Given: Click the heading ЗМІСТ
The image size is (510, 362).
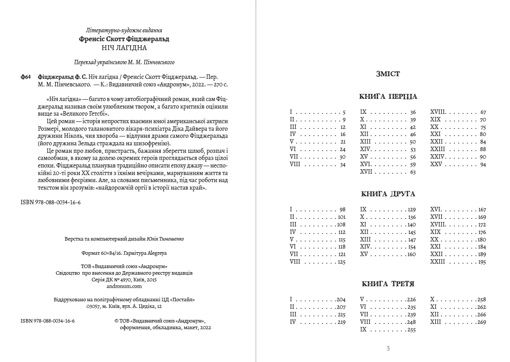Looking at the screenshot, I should coord(387,74).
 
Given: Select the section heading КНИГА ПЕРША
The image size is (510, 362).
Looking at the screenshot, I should coord(388,97).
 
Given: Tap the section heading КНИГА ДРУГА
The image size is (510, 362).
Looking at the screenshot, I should coord(388,194).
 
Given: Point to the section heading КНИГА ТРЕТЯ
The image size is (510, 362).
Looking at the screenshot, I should coord(388,284).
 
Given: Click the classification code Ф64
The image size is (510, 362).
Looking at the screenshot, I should coord(26,77).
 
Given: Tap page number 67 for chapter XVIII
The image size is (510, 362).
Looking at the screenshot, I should coord(483,113).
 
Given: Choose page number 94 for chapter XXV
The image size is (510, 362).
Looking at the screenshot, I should coord(483,164).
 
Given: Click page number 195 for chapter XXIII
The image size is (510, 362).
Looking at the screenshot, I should coord(481,262).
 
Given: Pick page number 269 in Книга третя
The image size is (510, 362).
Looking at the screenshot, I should coord(481,322).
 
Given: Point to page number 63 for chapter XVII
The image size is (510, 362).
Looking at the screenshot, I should coord(413,172).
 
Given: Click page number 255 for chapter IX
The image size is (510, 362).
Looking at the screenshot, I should coord(411,330).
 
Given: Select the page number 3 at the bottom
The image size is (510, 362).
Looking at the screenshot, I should coord(388,348).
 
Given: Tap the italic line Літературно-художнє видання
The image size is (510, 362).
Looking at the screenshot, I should coord(124,31).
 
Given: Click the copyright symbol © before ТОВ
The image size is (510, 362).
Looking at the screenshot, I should coord(116,320).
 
